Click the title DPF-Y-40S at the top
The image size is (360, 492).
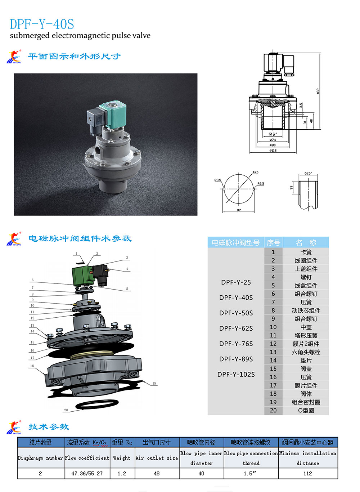[42, 24]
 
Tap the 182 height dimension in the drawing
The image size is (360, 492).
[318, 91]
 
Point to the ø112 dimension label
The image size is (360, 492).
[273, 151]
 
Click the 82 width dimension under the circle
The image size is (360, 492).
[239, 210]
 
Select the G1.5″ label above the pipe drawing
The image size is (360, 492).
[308, 173]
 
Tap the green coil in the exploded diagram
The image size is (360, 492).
[81, 275]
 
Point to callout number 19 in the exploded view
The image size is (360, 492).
[154, 383]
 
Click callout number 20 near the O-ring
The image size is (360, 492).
[66, 410]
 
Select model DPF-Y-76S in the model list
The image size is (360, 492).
[236, 344]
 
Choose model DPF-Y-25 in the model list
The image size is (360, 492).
[236, 282]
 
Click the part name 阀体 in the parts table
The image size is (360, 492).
[306, 394]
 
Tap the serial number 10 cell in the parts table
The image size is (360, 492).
[273, 327]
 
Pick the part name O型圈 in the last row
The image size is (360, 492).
[306, 410]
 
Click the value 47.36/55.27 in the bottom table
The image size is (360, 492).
[87, 473]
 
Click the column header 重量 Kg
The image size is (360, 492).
[122, 442]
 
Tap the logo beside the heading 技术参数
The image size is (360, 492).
[14, 428]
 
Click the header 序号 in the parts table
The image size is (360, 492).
[273, 242]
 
